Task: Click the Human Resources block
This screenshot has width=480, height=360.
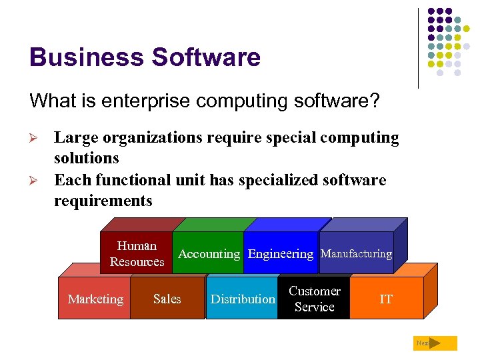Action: point(137,253)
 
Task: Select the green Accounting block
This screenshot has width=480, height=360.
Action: point(209,253)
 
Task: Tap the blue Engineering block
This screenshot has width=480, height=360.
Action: point(280,253)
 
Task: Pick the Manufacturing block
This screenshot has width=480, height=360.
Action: point(356,253)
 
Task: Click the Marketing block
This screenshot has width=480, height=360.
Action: point(95,299)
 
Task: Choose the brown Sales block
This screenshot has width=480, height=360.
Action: point(167,299)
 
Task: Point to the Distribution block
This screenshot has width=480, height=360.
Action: point(242,299)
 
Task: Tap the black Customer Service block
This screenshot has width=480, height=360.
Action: point(314,299)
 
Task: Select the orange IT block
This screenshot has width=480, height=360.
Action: point(386,299)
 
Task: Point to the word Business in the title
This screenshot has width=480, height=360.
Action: point(86,57)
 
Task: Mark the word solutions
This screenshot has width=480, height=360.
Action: point(86,158)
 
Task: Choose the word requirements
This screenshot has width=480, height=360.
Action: point(103,201)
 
